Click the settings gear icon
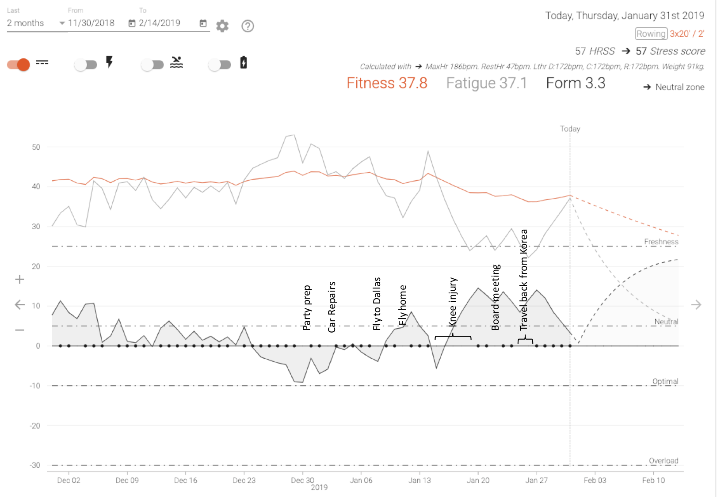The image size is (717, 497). tap(222, 26)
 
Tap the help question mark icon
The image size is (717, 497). tap(248, 26)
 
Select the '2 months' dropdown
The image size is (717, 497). tap(35, 23)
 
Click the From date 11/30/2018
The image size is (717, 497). tap(91, 23)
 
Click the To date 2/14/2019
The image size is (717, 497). tap(160, 23)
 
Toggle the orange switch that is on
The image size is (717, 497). tap(19, 64)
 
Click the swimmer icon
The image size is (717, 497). tap(176, 62)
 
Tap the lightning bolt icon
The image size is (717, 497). tap(109, 62)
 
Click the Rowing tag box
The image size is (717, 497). tap(651, 34)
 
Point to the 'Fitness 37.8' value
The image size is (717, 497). tap(387, 83)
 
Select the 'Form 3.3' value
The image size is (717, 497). tap(576, 83)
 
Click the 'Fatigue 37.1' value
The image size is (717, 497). tap(486, 83)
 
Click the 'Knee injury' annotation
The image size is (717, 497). tap(453, 302)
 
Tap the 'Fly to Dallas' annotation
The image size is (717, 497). tap(377, 304)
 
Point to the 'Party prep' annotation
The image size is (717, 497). tap(307, 308)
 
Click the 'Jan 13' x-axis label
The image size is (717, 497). tap(420, 480)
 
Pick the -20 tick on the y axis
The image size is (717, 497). tap(35, 425)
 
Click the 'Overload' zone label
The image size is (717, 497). tap(664, 461)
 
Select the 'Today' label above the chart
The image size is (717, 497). tap(570, 129)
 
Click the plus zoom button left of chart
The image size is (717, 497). tap(19, 279)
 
